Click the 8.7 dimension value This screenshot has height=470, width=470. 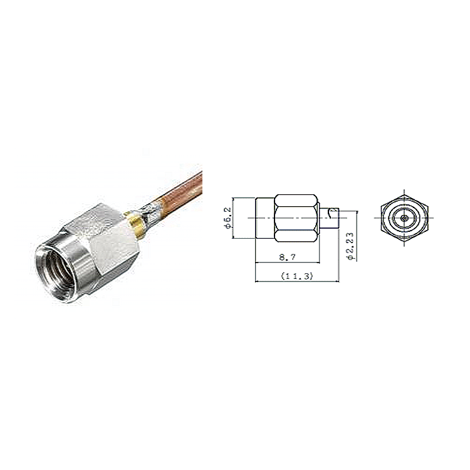click(x=287, y=257)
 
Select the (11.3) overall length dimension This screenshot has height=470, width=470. click(x=297, y=276)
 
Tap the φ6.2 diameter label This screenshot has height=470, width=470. click(x=228, y=218)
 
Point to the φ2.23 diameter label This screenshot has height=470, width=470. click(x=350, y=246)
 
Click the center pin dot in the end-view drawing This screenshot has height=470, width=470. click(x=404, y=218)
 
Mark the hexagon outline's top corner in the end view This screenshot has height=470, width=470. click(x=404, y=195)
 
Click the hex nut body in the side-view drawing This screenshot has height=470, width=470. click(x=296, y=218)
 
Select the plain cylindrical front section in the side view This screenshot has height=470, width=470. click(x=265, y=218)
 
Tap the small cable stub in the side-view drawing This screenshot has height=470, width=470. click(x=330, y=218)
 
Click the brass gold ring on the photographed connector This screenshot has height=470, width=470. click(x=135, y=225)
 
